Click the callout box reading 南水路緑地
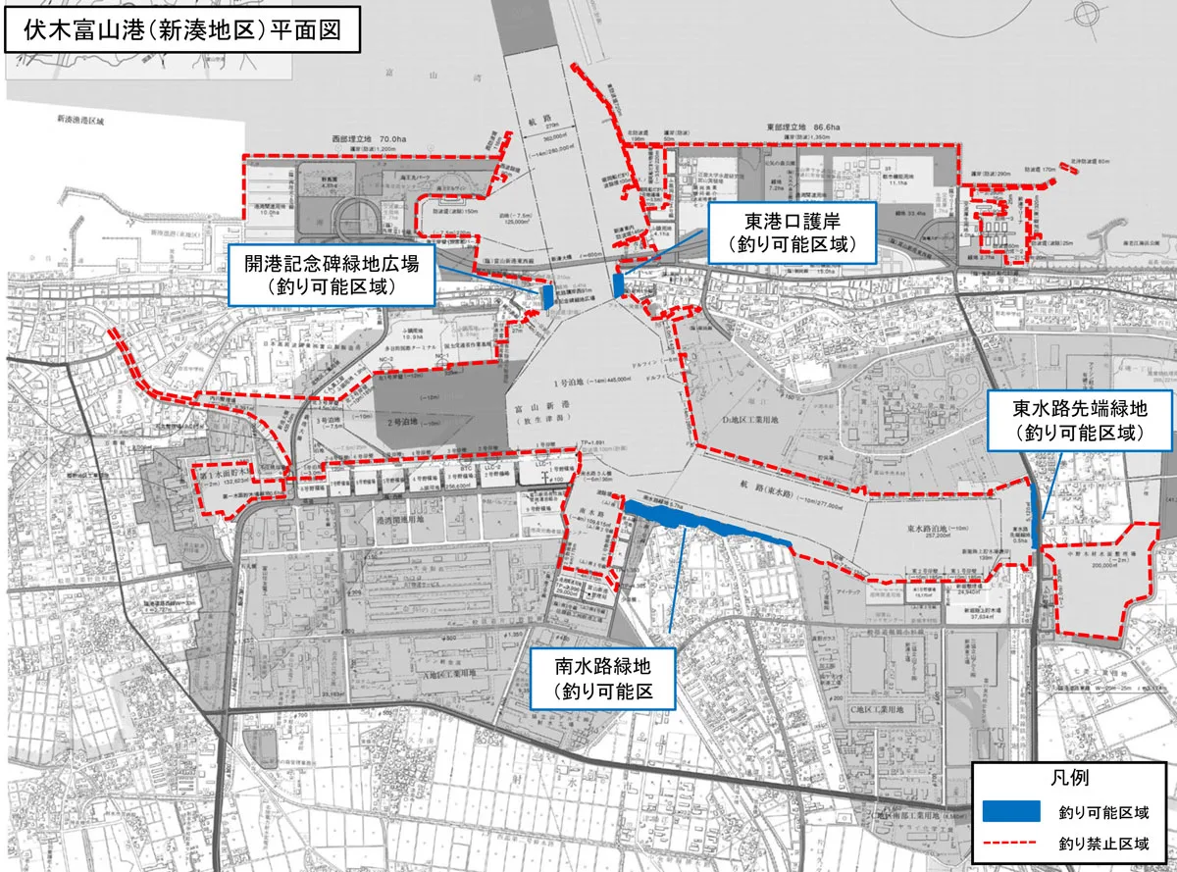point(603,680)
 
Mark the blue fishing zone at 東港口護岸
point(618,283)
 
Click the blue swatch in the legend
point(1010,810)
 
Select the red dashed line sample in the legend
point(1010,842)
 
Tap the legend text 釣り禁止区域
point(1103,842)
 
